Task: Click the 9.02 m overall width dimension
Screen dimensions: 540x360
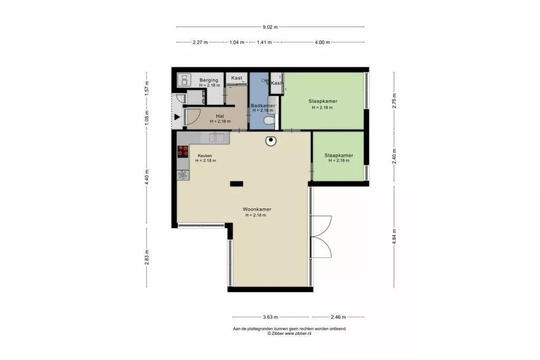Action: point(271,27)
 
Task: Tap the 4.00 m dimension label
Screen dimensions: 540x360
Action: point(322,42)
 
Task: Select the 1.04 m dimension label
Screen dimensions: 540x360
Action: point(237,42)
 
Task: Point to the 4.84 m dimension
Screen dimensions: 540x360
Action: point(394,237)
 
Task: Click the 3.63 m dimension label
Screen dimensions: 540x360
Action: point(271,317)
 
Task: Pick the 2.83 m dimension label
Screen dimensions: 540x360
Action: point(147,257)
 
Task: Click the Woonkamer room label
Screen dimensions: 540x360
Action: point(257,209)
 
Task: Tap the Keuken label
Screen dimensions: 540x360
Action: point(205,155)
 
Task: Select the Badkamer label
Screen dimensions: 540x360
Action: point(263,105)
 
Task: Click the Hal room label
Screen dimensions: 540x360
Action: point(220,116)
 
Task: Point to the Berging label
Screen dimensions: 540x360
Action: point(209,80)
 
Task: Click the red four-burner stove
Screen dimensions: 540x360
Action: point(183,151)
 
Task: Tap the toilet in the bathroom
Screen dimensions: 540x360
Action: point(269,121)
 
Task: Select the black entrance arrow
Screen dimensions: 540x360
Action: point(177,118)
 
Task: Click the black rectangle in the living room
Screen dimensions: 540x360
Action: point(237,184)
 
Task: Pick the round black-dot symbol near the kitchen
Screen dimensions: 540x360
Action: point(271,140)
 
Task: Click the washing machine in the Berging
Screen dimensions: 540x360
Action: point(184,80)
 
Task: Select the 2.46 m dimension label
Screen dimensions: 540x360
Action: point(338,317)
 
